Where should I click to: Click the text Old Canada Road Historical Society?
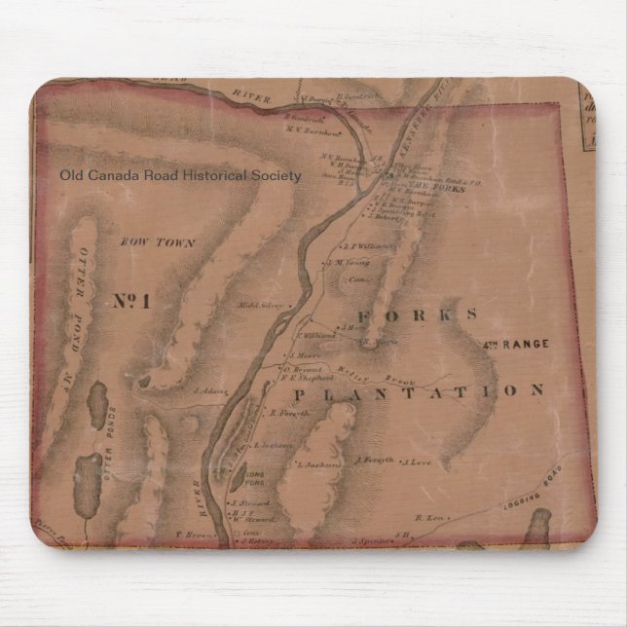pyautogui.click(x=180, y=176)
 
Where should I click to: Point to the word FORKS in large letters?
pyautogui.click(x=418, y=314)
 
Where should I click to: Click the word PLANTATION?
pyautogui.click(x=418, y=391)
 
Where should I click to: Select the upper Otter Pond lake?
pyautogui.click(x=98, y=400)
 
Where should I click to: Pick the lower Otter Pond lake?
pyautogui.click(x=89, y=476)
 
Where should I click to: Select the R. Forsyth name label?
pyautogui.click(x=289, y=413)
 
